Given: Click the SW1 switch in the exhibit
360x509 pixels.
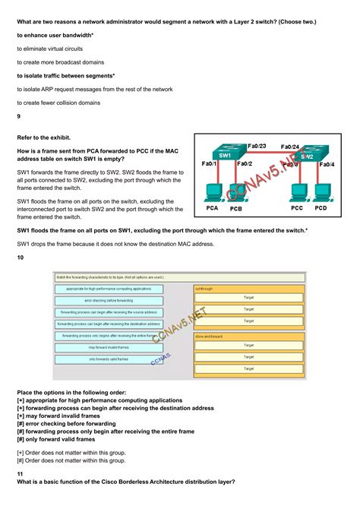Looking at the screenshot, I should (x=226, y=154).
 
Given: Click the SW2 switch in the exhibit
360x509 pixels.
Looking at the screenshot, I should (x=307, y=154).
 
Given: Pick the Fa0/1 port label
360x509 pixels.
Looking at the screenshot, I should (x=210, y=163).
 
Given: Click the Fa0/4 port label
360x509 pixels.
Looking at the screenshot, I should (x=327, y=164).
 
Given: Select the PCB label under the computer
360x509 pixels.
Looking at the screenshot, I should (x=236, y=208).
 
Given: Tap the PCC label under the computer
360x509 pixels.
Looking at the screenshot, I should (x=298, y=207).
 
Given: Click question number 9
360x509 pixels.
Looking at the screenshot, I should (x=19, y=116).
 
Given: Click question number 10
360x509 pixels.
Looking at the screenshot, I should (x=21, y=257).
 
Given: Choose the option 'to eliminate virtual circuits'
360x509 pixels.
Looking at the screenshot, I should (x=50, y=49).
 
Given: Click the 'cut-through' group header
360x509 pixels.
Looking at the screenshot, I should (x=249, y=289).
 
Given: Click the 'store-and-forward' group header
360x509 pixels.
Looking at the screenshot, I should (x=249, y=336).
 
